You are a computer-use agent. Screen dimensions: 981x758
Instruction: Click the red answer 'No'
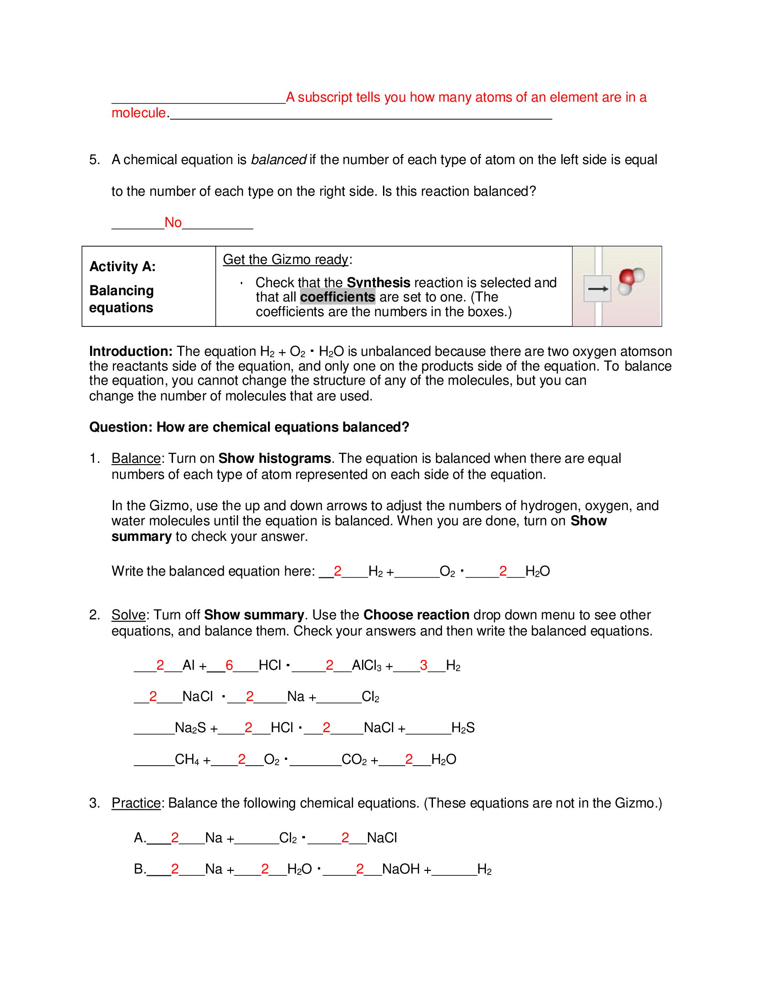click(x=173, y=223)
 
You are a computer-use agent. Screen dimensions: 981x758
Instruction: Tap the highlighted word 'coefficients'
click(x=337, y=297)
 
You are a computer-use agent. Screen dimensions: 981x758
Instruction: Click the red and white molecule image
click(x=630, y=280)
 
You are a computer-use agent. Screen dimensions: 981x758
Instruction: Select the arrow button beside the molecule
click(x=597, y=289)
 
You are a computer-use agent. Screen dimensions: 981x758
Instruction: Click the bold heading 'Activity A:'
click(x=123, y=266)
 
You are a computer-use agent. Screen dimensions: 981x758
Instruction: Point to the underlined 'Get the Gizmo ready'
click(x=286, y=260)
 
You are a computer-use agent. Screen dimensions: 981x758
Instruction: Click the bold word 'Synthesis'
click(x=378, y=283)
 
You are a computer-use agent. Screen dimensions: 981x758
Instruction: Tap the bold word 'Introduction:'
click(x=131, y=351)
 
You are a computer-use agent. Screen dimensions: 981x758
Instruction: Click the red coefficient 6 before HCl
click(x=229, y=665)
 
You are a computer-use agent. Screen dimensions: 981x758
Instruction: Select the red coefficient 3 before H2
click(x=423, y=665)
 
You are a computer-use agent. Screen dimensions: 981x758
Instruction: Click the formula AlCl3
click(x=367, y=665)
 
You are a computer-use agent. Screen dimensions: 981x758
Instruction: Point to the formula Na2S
click(x=190, y=728)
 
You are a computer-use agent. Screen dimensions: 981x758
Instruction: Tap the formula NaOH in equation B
click(x=400, y=869)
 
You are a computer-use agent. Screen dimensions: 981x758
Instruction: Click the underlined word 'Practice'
click(x=136, y=803)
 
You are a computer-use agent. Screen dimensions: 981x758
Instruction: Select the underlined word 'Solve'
click(x=128, y=615)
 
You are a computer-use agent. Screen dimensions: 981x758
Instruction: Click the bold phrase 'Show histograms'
click(x=274, y=458)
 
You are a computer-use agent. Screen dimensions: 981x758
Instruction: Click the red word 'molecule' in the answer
click(x=139, y=113)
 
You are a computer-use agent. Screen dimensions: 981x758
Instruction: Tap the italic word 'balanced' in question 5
click(x=278, y=160)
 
